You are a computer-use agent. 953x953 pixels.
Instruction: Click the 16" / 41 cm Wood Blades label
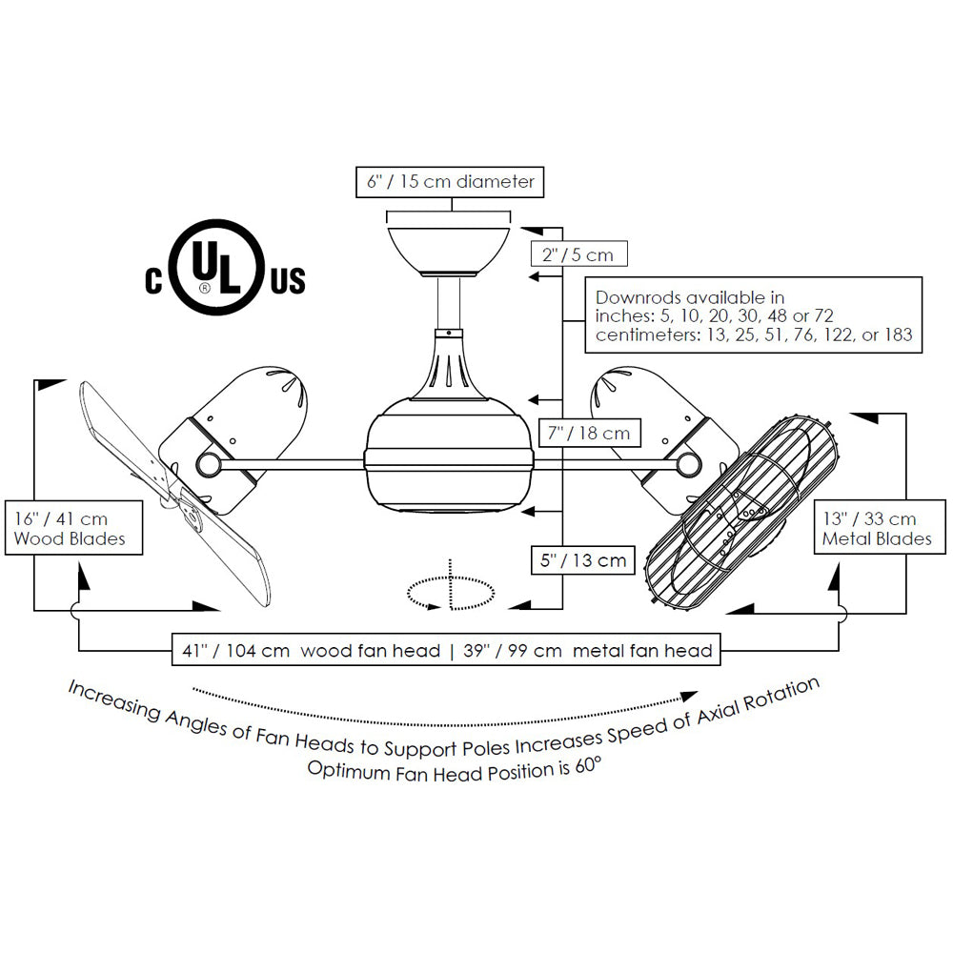point(71,529)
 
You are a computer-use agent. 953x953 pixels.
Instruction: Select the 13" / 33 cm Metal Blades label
point(876,529)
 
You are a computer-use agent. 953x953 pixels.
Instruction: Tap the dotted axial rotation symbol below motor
point(451,592)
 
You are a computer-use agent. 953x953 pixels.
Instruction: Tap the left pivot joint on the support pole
point(206,464)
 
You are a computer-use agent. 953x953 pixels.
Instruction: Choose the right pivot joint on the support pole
point(688,464)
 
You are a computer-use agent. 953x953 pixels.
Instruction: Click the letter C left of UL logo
point(153,280)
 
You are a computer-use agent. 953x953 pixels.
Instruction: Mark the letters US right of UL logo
point(289,280)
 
